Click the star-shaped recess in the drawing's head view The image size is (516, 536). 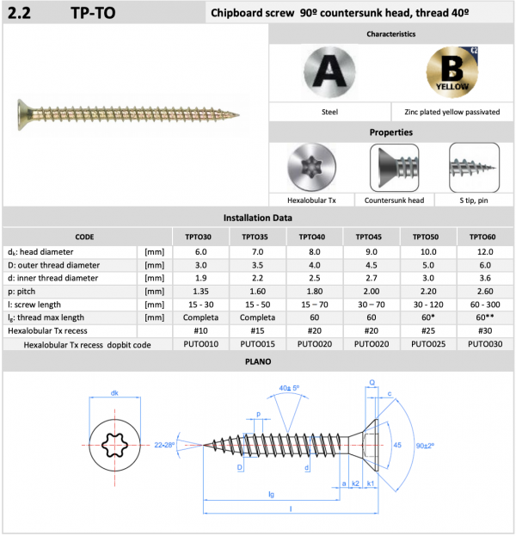click(116, 444)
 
